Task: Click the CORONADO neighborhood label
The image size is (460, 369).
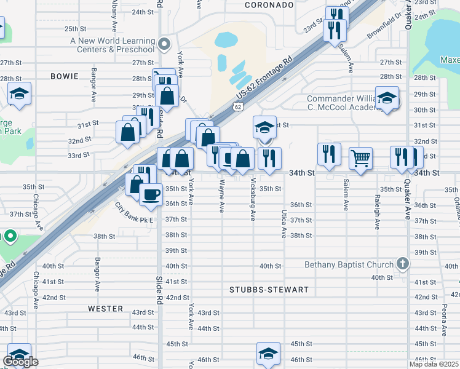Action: pyautogui.click(x=269, y=5)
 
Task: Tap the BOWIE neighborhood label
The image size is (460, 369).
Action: pyautogui.click(x=65, y=76)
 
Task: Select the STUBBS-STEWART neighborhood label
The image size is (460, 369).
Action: pyautogui.click(x=269, y=290)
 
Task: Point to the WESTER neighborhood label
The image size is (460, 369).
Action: pyautogui.click(x=101, y=308)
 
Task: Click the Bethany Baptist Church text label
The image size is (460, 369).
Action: pyautogui.click(x=349, y=265)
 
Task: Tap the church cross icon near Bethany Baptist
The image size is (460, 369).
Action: pyautogui.click(x=402, y=264)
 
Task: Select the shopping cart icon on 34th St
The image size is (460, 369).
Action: pyautogui.click(x=360, y=158)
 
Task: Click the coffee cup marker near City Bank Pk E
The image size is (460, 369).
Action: pyautogui.click(x=151, y=195)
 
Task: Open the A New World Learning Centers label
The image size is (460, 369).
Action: pyautogui.click(x=113, y=45)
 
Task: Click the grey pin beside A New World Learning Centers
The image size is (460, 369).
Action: pyautogui.click(x=164, y=44)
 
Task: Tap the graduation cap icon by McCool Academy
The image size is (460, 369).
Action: pyautogui.click(x=387, y=98)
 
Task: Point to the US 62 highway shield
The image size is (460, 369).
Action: pyautogui.click(x=237, y=106)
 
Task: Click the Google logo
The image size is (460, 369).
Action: pyautogui.click(x=20, y=362)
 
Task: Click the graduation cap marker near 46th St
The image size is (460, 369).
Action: pyautogui.click(x=268, y=353)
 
